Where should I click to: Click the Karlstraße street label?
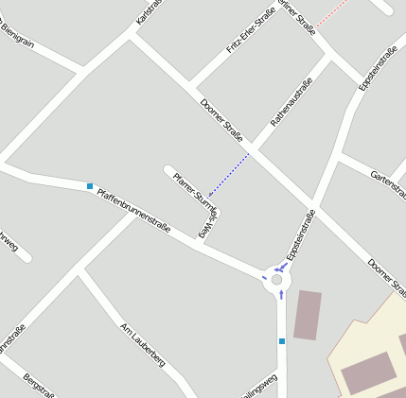point(148,12)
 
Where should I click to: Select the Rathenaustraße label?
point(291,102)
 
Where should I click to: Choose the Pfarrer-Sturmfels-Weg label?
point(197,200)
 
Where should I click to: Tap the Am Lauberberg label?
point(143,343)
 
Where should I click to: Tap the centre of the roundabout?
point(276,280)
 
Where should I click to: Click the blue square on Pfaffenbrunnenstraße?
point(90,186)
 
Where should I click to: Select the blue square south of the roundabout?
point(281,340)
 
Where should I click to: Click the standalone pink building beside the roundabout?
point(307,315)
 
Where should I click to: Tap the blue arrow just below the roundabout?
point(281,295)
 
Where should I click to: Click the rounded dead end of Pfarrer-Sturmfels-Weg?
point(169,170)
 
